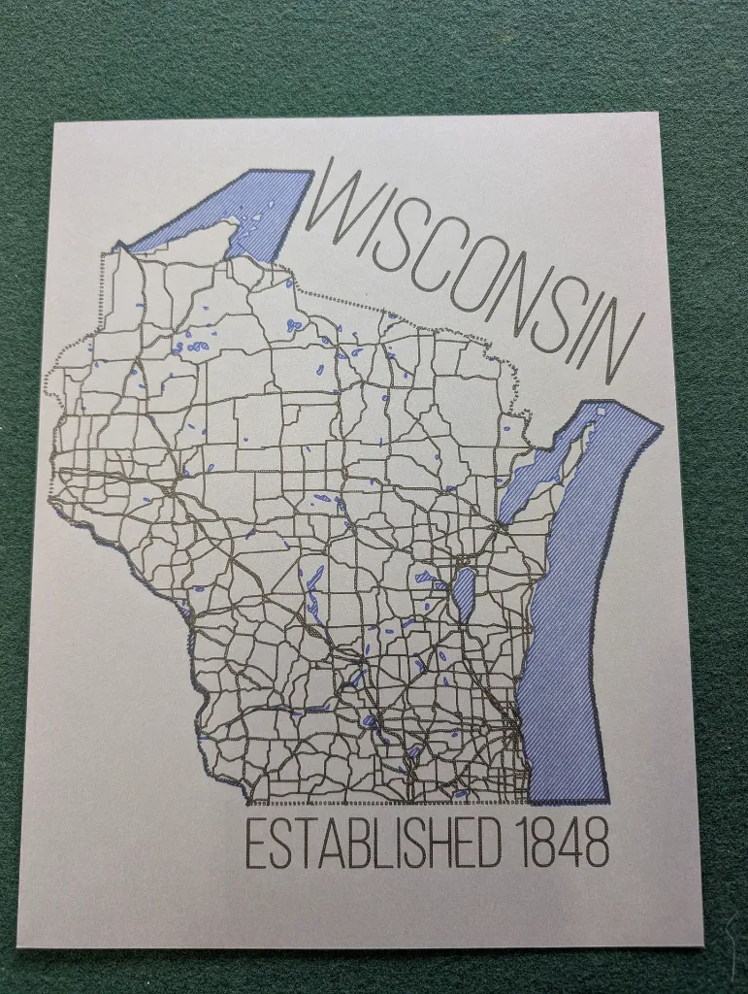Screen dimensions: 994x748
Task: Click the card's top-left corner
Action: (x=56, y=124)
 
